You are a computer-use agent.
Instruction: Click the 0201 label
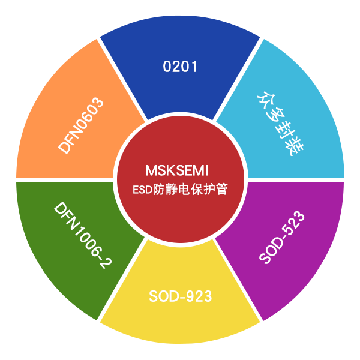coord(180,67)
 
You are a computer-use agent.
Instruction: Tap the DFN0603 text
coord(80,125)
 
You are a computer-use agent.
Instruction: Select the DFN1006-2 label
coord(83,235)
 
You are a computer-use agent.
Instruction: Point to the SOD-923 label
coord(180,296)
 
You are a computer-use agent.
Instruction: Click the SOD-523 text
coord(282,237)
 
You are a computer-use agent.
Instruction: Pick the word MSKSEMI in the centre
coord(177,171)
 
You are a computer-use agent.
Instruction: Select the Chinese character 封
coord(284,131)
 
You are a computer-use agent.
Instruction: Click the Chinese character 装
coord(295,147)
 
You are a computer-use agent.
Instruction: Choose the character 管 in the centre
coord(221,190)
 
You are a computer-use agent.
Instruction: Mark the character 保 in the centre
coord(197,190)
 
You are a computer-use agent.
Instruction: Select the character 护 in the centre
coord(209,190)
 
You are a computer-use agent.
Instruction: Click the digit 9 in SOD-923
coord(190,296)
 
